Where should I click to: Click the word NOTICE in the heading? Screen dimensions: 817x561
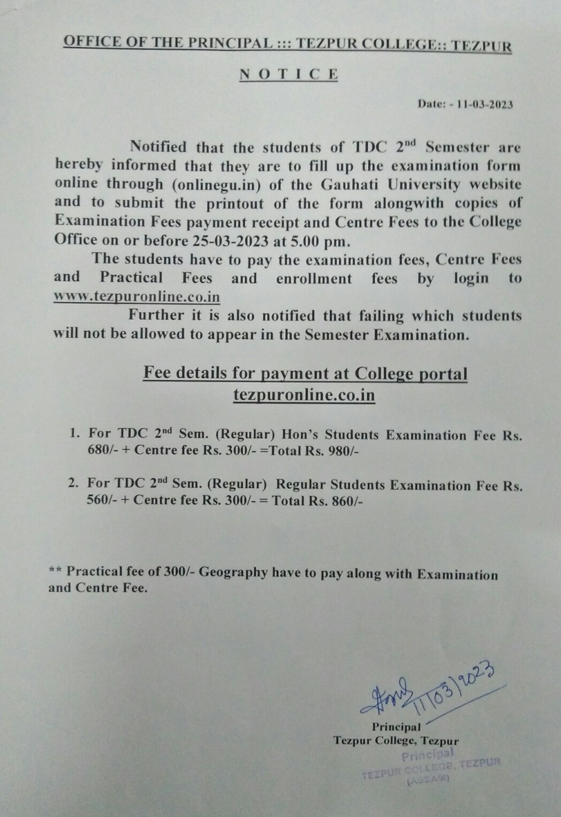coord(289,74)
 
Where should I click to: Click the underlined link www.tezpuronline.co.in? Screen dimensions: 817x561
coord(137,297)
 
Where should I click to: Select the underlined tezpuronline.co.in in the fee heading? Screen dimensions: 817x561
coord(304,395)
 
